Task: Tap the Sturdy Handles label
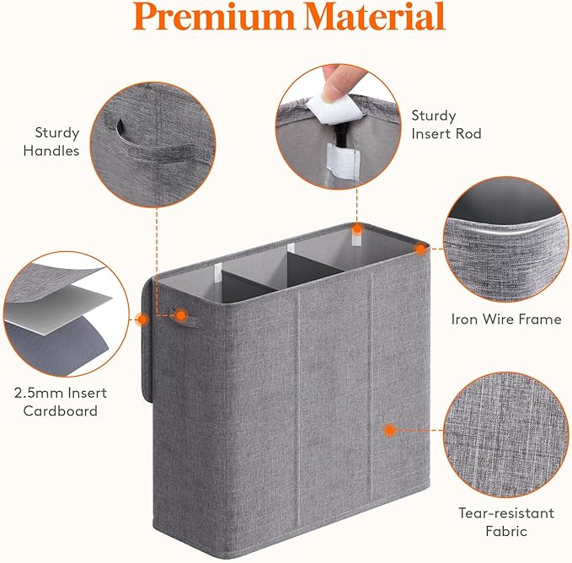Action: (x=57, y=142)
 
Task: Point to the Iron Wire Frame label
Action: (x=506, y=319)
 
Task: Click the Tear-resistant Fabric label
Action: (x=506, y=522)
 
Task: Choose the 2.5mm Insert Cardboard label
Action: (x=60, y=402)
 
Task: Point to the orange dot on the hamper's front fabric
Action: (x=390, y=429)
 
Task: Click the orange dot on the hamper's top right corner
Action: (x=420, y=249)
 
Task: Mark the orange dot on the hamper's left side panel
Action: (x=141, y=319)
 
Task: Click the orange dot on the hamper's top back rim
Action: (x=357, y=228)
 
